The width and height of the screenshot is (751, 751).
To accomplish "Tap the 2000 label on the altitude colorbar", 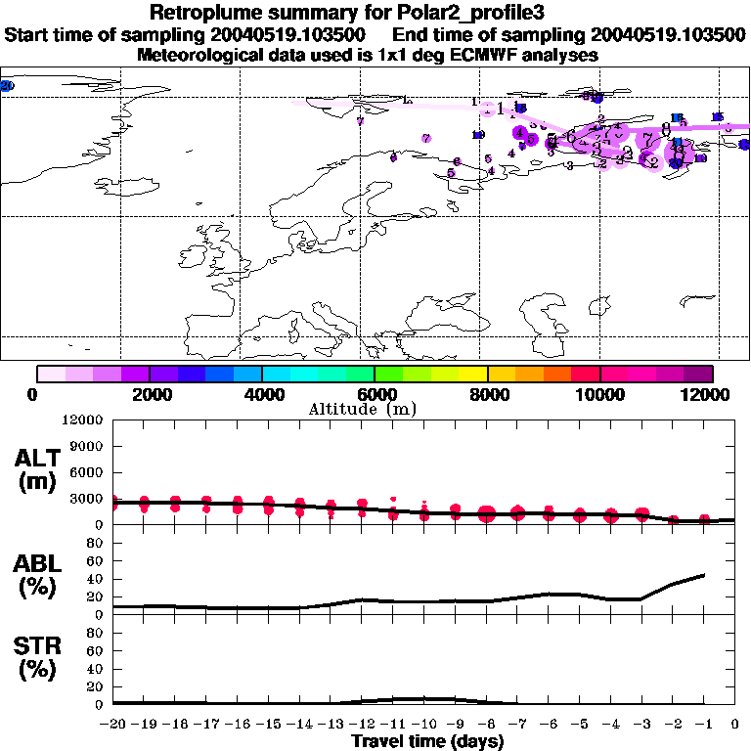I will pos(149,394).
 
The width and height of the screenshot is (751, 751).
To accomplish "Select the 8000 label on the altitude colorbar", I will pos(487,394).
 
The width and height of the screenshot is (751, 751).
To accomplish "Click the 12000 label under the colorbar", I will pos(712,394).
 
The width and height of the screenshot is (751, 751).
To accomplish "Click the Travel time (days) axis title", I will pos(427,742).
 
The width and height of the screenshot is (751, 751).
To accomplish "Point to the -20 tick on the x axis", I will pos(112,724).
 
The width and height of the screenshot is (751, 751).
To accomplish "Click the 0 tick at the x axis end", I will pos(735,724).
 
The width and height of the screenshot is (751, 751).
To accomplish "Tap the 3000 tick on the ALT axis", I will pos(88,499).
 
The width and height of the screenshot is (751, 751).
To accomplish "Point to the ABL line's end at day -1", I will pos(704,575).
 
